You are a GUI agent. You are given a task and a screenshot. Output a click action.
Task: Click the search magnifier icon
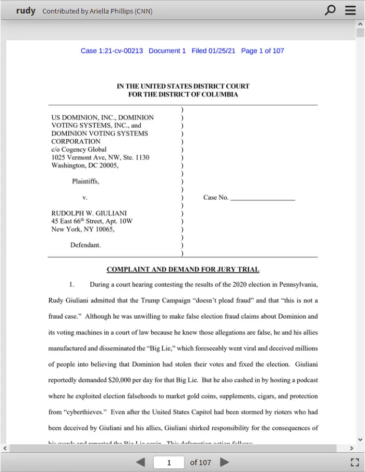pyautogui.click(x=330, y=10)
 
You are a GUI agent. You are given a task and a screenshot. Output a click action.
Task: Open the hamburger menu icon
pyautogui.click(x=350, y=10)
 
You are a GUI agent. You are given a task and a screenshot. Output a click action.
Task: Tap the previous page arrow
pyautogui.click(x=140, y=462)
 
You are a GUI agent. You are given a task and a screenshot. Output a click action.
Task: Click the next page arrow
pyautogui.click(x=225, y=462)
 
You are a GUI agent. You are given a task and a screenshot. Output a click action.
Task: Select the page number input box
pyautogui.click(x=169, y=462)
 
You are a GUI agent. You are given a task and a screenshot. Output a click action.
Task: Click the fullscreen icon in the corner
pyautogui.click(x=355, y=462)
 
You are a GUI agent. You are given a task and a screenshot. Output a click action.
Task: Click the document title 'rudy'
pyautogui.click(x=26, y=10)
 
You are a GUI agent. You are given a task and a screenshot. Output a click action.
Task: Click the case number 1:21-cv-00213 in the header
pyautogui.click(x=120, y=51)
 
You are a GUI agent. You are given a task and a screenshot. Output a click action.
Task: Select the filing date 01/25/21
pyautogui.click(x=222, y=51)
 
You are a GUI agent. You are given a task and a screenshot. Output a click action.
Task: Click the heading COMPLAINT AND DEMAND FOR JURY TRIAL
pyautogui.click(x=183, y=270)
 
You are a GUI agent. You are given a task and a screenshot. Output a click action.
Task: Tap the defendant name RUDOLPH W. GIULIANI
pyautogui.click(x=89, y=213)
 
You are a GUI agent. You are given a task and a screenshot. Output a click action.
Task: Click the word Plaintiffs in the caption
pyautogui.click(x=86, y=181)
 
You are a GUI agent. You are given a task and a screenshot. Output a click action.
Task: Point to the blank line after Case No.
pyautogui.click(x=262, y=198)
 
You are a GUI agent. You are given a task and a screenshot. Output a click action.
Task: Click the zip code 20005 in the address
pyautogui.click(x=108, y=165)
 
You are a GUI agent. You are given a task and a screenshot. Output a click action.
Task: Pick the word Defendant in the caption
pyautogui.click(x=86, y=245)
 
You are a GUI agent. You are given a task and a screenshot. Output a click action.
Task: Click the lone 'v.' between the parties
pyautogui.click(x=85, y=198)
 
